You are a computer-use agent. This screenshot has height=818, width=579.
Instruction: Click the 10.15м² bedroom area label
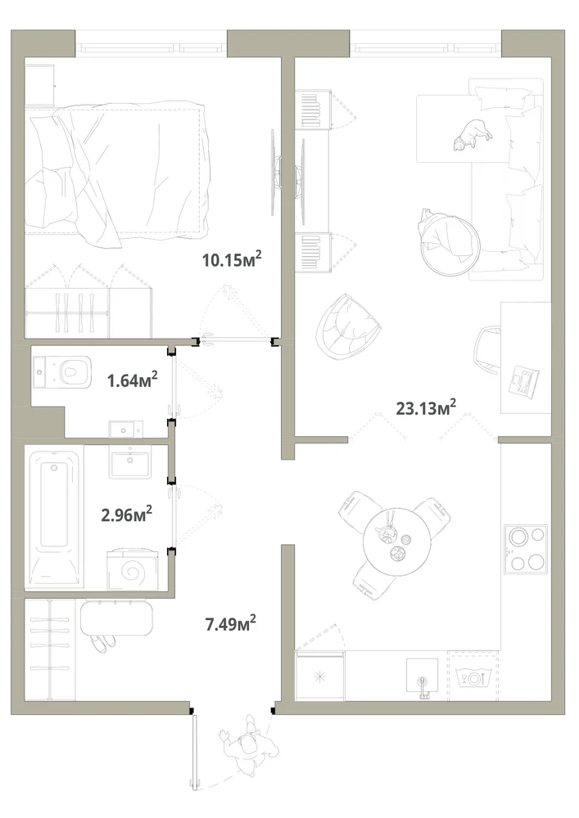click(x=232, y=258)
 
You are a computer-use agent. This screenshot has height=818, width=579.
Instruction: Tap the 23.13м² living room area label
click(x=426, y=407)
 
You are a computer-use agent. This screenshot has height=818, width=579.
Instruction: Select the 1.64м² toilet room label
click(x=132, y=380)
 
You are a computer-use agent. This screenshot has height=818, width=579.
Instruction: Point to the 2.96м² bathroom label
click(x=126, y=515)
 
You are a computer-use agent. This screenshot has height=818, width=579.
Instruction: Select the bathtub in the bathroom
click(x=55, y=517)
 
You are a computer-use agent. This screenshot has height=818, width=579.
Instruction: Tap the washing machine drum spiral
click(x=132, y=573)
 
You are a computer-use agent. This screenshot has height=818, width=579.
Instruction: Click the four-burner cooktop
click(x=526, y=550)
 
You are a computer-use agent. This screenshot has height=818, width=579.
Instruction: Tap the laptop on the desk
click(x=524, y=381)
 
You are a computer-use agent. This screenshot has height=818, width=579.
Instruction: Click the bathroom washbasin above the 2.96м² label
click(x=130, y=462)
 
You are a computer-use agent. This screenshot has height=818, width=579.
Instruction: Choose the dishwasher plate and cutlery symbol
click(x=474, y=677)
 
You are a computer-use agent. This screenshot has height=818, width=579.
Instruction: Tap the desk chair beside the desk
click(x=487, y=349)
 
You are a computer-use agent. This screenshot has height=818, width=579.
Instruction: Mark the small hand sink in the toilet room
click(x=125, y=429)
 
